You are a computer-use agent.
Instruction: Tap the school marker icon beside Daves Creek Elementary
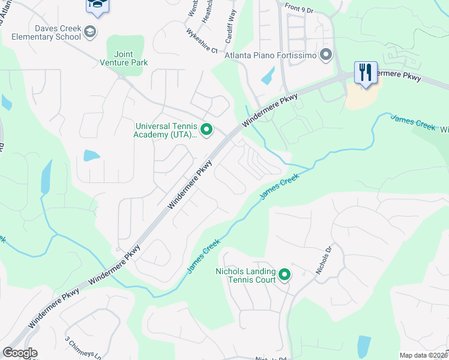click(90, 32)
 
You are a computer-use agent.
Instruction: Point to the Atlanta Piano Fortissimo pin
click(326, 56)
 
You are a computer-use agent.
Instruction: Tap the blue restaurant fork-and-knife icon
click(366, 72)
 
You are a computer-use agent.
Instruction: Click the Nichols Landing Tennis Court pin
click(285, 275)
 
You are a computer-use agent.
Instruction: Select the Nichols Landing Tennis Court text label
click(246, 275)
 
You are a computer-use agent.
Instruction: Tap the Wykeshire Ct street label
click(200, 41)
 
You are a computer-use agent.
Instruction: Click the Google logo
click(20, 353)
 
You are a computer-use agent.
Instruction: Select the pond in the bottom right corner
click(364, 345)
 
